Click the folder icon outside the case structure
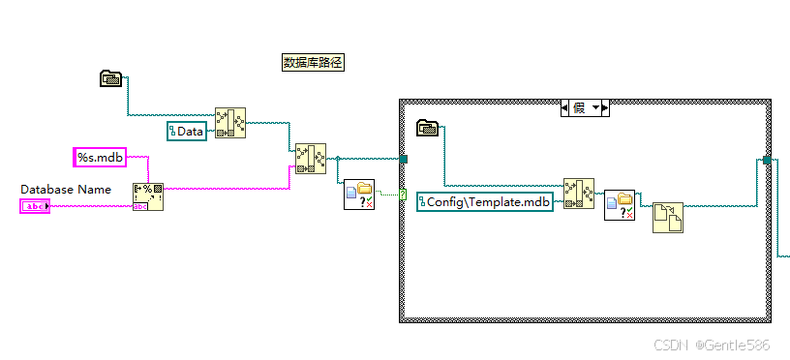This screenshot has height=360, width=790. (x=111, y=78)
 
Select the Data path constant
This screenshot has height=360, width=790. (x=187, y=131)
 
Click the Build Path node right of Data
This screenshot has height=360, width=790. (x=229, y=123)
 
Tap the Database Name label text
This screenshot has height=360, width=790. (x=66, y=189)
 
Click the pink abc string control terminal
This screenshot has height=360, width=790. (x=35, y=206)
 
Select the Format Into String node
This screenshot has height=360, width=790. (x=147, y=195)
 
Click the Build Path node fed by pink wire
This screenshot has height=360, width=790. (x=311, y=158)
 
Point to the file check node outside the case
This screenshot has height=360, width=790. (x=359, y=195)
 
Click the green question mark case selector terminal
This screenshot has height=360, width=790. (x=402, y=195)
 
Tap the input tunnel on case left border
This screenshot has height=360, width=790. (x=403, y=159)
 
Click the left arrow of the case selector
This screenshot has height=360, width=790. (x=566, y=107)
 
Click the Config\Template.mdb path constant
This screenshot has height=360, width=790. (x=485, y=201)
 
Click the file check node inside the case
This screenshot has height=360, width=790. (x=619, y=205)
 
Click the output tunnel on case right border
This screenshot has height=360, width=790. (x=767, y=160)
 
